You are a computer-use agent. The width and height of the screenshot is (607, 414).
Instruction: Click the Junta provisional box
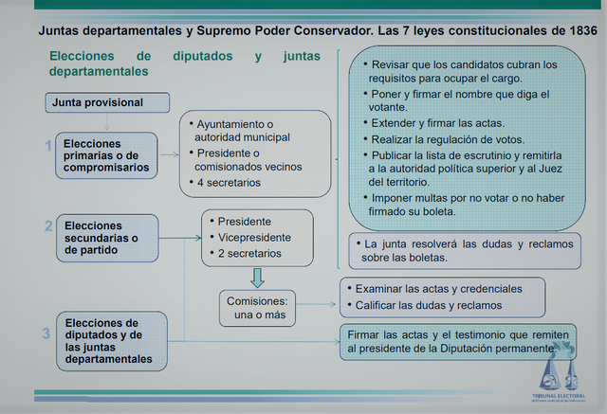click(x=107, y=102)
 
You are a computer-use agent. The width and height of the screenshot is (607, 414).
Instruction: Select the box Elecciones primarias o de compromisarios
click(x=106, y=155)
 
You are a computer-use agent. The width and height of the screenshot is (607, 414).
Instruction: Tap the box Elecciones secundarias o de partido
click(x=106, y=239)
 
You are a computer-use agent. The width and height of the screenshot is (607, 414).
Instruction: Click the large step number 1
click(x=48, y=146)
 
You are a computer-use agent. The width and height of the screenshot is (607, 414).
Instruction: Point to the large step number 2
click(x=48, y=226)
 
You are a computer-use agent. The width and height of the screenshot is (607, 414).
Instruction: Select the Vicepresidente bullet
click(x=255, y=237)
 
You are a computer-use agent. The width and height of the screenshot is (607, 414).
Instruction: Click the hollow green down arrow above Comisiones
click(x=256, y=278)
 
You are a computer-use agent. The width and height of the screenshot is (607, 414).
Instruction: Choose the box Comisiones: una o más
click(x=261, y=307)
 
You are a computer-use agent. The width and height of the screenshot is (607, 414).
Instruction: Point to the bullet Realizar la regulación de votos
click(x=446, y=138)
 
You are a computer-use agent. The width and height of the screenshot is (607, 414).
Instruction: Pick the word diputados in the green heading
click(x=202, y=56)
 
